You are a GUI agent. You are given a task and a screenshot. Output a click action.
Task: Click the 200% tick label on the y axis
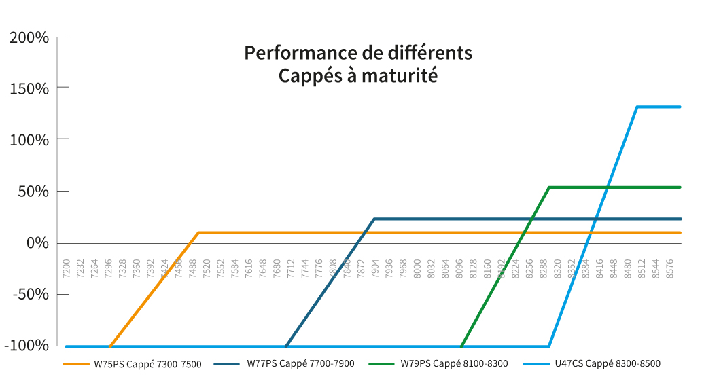tap(29, 37)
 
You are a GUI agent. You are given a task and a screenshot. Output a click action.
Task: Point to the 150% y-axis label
tap(29, 88)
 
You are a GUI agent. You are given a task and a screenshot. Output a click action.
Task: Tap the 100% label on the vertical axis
tap(29, 140)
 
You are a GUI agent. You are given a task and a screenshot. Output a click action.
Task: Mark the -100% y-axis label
tap(27, 346)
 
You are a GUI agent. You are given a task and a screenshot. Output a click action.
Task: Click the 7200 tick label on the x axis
tap(66, 266)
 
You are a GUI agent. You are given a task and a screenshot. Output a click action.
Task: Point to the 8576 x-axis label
tap(669, 266)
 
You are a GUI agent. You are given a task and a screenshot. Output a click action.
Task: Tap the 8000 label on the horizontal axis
tap(417, 266)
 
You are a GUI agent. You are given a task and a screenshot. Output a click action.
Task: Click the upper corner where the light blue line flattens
tap(637, 107)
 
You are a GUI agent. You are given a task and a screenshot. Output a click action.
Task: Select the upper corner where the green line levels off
tap(549, 187)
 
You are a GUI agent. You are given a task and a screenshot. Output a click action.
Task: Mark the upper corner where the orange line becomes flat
tap(198, 233)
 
